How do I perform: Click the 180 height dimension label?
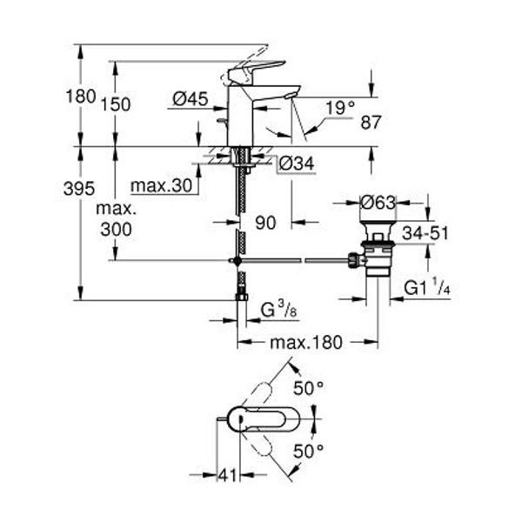click(81, 97)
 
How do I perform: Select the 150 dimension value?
click(116, 104)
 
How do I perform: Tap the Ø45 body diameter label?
click(191, 99)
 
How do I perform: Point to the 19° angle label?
click(340, 108)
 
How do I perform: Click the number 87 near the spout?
click(371, 123)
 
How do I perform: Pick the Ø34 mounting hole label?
click(297, 164)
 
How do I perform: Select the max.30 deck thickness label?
click(162, 185)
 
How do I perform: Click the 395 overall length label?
click(79, 189)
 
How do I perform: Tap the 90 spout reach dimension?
click(265, 223)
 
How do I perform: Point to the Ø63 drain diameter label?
click(378, 203)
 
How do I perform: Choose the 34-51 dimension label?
click(425, 233)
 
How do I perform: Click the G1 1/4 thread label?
click(427, 288)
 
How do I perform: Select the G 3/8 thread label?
click(278, 311)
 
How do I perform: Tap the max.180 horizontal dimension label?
click(306, 342)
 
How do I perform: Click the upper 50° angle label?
click(308, 388)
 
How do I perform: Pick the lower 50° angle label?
click(308, 452)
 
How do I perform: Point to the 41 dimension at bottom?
click(227, 475)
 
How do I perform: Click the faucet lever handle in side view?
click(257, 70)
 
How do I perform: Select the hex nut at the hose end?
click(241, 297)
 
